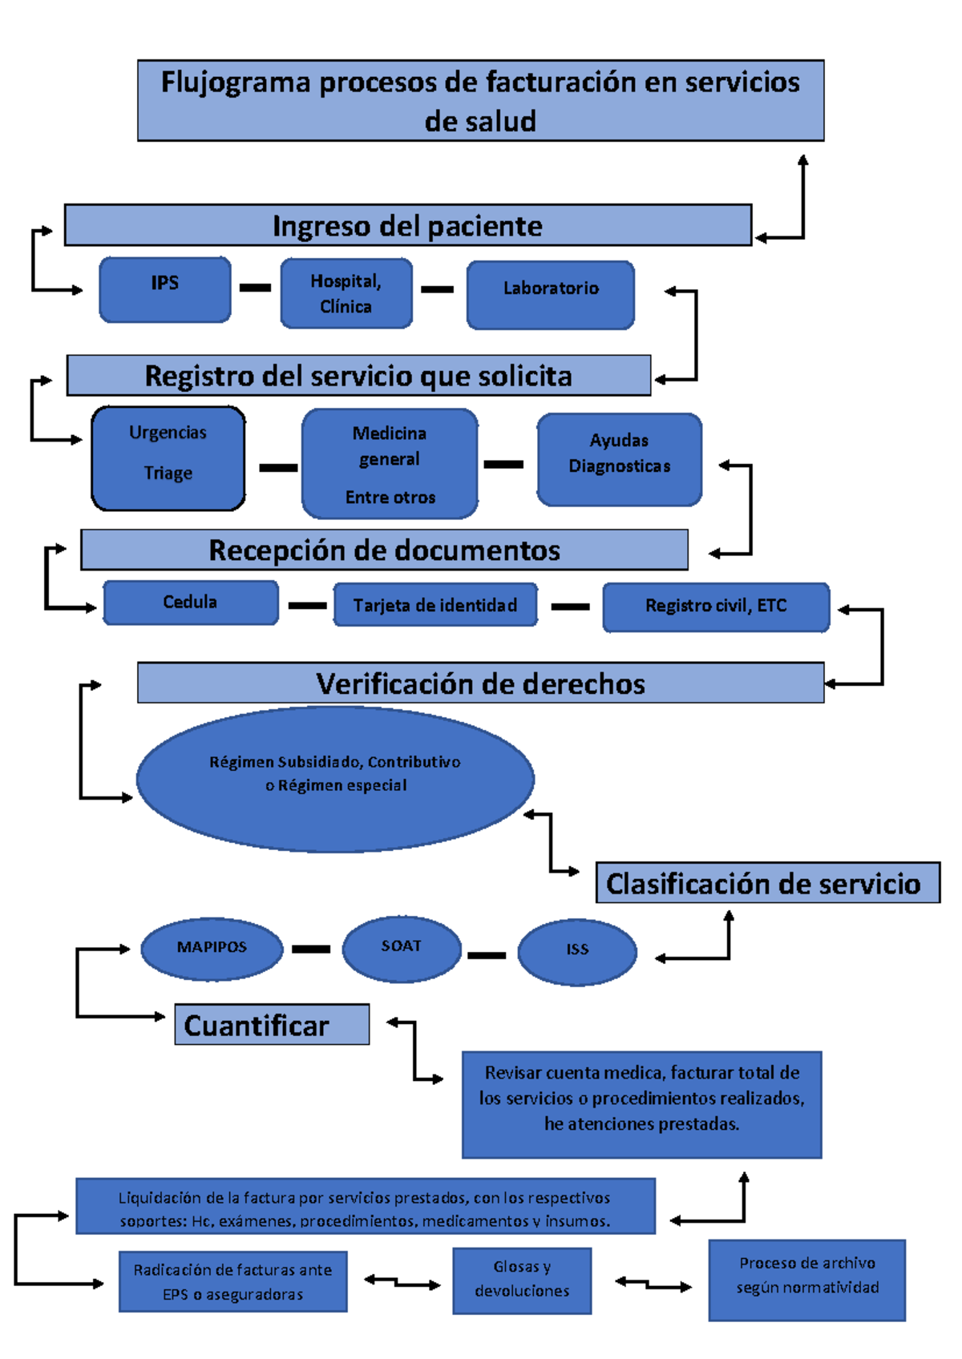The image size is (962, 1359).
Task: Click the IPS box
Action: tap(165, 289)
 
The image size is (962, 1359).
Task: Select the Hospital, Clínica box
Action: tap(346, 293)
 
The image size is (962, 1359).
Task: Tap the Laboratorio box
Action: tap(551, 294)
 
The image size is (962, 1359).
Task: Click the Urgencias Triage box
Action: tap(168, 458)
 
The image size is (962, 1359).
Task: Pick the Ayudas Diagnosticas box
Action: tap(620, 459)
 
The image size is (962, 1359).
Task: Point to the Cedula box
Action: tap(191, 603)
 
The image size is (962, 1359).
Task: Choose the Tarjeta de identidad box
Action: tap(435, 605)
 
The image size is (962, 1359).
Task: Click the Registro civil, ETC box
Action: tap(716, 607)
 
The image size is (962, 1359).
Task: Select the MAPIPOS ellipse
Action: tap(212, 949)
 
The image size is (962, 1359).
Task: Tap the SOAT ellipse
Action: tap(402, 949)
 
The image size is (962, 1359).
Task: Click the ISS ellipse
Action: tap(577, 952)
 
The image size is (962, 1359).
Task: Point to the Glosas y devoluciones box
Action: tap(522, 1280)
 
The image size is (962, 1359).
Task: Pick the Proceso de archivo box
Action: tap(806, 1280)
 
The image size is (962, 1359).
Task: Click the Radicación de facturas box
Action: tap(233, 1281)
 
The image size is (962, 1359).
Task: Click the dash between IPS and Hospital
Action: tap(255, 288)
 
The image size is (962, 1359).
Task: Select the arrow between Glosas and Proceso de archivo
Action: tap(653, 1284)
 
